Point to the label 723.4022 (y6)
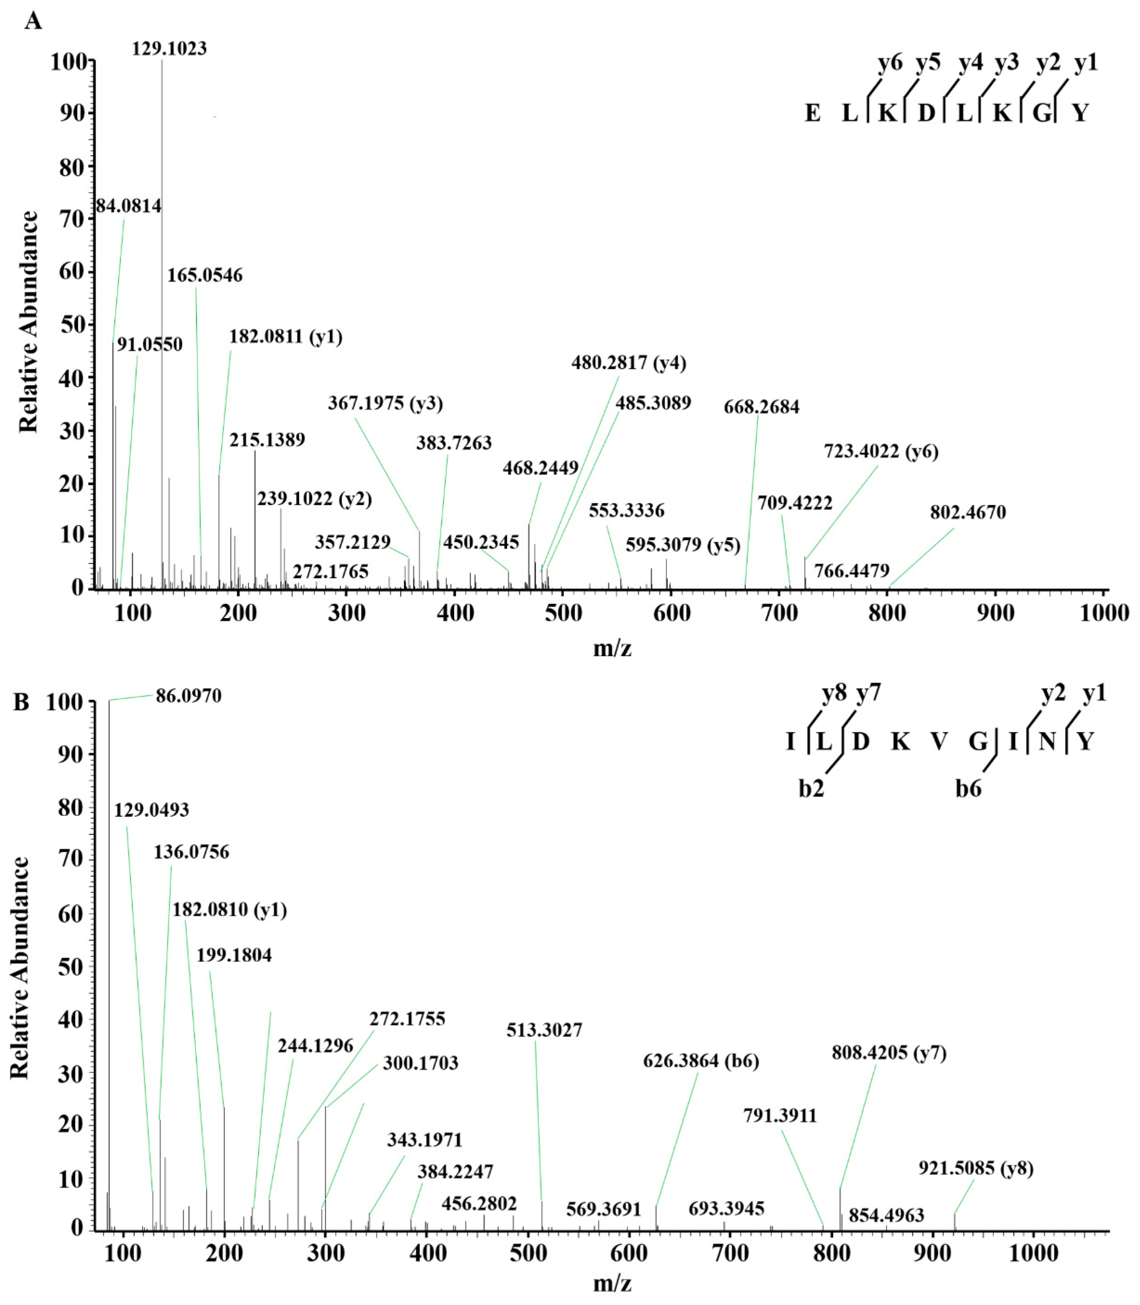click(881, 452)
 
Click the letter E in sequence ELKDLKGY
click(812, 113)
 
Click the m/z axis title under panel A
click(612, 648)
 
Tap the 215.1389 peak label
click(267, 440)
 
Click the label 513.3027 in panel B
click(545, 1030)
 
